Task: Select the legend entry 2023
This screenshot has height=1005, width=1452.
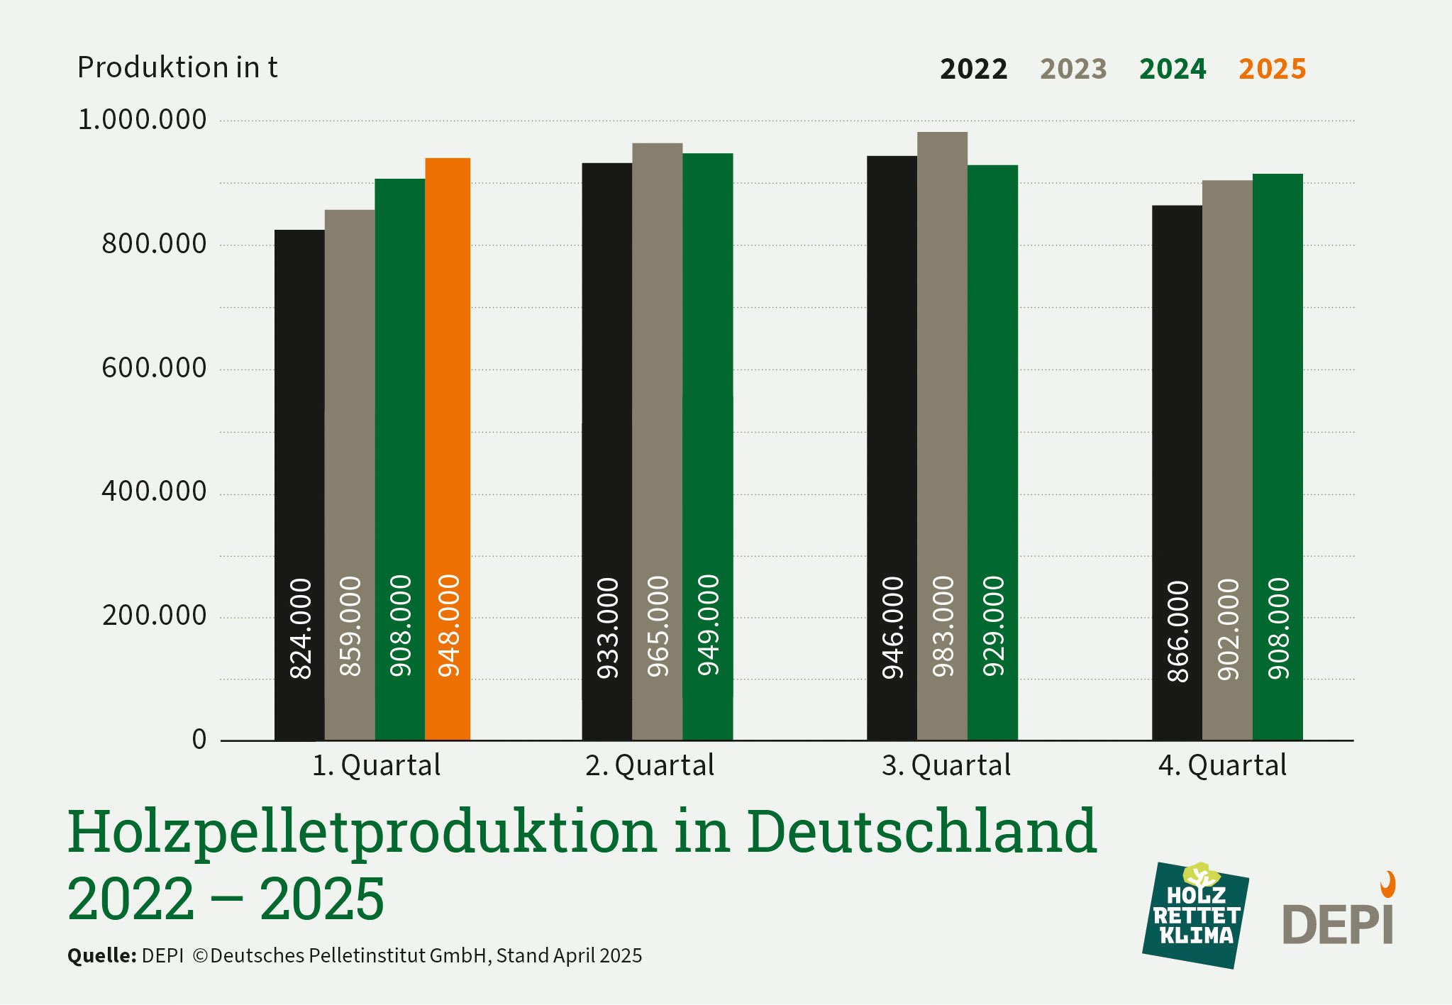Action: point(1073,70)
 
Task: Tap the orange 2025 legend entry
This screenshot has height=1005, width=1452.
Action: point(1272,70)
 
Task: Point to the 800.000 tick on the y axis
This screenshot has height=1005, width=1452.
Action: point(154,244)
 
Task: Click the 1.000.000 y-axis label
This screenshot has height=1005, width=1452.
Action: point(142,119)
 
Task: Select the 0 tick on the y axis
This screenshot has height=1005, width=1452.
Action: point(199,739)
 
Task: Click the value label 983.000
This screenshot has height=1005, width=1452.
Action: point(943,626)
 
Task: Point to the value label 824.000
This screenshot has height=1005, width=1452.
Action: point(301,628)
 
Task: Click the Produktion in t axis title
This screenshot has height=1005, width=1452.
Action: point(177,68)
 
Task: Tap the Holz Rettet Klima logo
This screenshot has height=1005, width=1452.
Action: point(1196,916)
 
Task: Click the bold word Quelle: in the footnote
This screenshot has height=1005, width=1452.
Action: point(101,956)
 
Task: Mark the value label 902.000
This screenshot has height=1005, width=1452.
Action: point(1228,629)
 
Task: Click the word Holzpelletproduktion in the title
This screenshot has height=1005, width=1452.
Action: point(362,832)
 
